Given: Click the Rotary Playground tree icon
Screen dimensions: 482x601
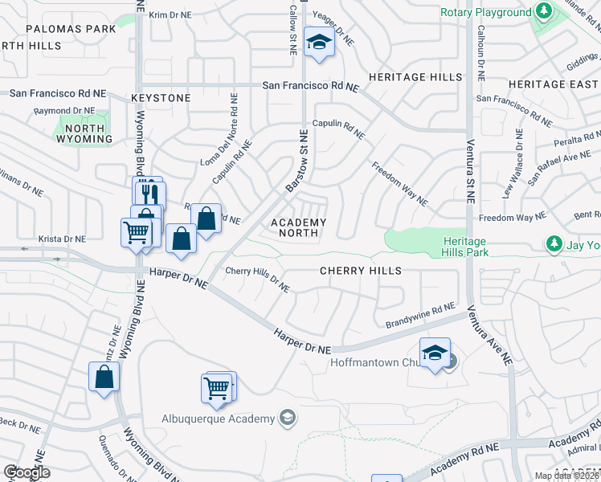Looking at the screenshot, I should tap(544, 12).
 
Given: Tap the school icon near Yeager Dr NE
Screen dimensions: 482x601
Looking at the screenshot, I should tap(319, 43).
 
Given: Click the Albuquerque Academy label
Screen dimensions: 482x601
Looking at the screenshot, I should tap(218, 418).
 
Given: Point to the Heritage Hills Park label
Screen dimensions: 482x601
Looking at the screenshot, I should tap(464, 247).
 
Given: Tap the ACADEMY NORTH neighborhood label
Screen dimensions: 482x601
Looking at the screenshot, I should tap(299, 227).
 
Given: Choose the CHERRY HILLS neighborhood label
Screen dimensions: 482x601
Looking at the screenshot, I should tap(361, 271).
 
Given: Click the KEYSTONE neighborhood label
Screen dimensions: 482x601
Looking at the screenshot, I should tap(161, 98).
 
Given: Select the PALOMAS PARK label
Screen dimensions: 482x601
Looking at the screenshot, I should tap(71, 28).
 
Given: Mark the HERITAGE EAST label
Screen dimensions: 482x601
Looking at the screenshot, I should tap(553, 84).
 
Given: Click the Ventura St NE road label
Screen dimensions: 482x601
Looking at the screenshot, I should tap(469, 174).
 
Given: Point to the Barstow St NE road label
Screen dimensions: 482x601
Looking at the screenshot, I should tap(298, 161).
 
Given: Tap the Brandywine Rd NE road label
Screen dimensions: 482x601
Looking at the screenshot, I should tap(420, 315).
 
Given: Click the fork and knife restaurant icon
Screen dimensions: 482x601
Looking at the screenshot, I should tap(149, 194).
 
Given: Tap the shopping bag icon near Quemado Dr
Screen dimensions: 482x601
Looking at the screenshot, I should tap(104, 377).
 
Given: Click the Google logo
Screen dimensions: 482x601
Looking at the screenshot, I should tap(27, 472).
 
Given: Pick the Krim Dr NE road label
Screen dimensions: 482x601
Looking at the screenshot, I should tap(170, 14).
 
